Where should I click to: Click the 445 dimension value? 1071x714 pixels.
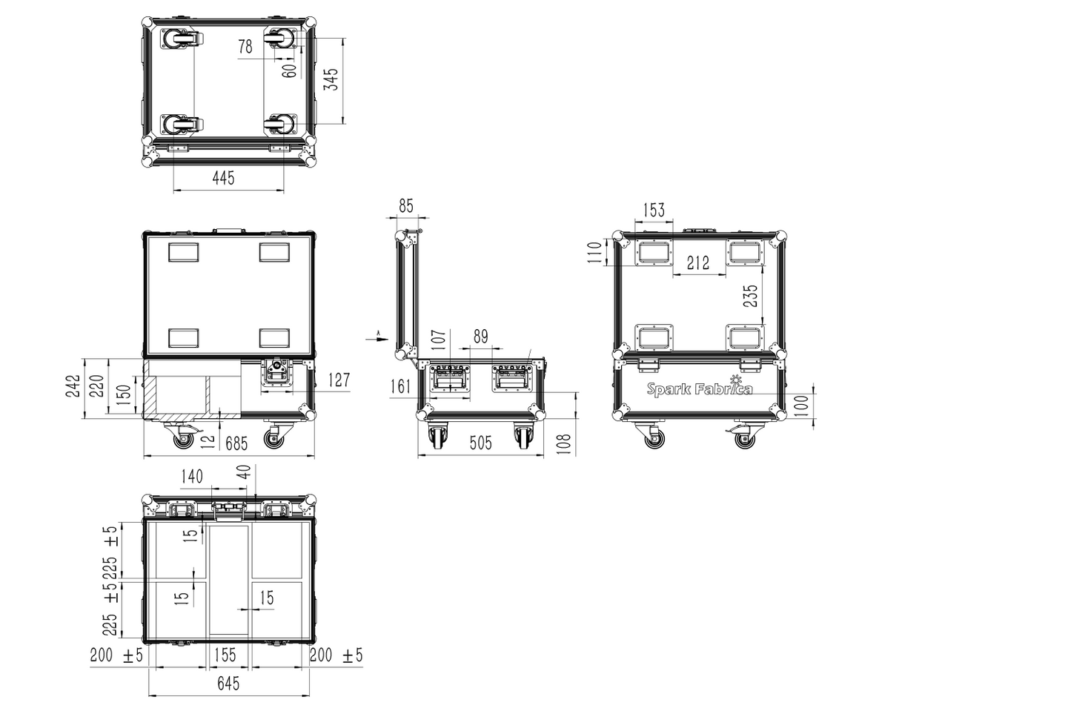tap(223, 178)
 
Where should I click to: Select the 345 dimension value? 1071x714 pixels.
tap(331, 79)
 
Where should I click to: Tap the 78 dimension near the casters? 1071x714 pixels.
tap(245, 47)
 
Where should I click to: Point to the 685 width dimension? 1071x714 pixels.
tap(236, 444)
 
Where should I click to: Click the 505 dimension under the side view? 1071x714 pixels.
tap(480, 443)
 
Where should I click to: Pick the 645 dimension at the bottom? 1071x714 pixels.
tap(228, 684)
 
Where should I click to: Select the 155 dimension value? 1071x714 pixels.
tap(225, 655)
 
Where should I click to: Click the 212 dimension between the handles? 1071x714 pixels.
tap(698, 262)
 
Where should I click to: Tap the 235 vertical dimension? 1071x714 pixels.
tap(751, 296)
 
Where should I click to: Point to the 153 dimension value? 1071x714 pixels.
tap(654, 210)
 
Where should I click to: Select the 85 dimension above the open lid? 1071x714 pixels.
tap(406, 206)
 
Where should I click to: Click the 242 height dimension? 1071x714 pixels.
tap(73, 386)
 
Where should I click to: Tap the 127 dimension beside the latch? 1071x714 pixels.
tap(339, 380)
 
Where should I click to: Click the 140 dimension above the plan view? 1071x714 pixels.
tap(192, 477)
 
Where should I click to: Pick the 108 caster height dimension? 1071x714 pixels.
tap(564, 444)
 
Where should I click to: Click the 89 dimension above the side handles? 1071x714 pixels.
tap(481, 337)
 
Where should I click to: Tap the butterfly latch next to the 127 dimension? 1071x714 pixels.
tap(277, 373)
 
